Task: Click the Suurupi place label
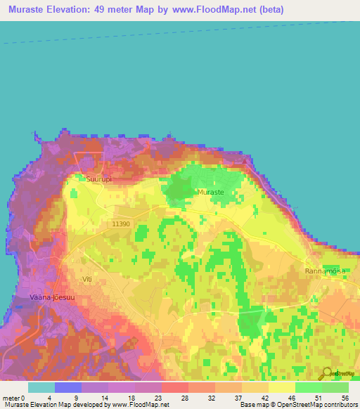[99, 179]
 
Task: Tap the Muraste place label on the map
[211, 192]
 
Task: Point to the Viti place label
[86, 279]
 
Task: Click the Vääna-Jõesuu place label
[51, 297]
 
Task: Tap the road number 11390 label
[120, 223]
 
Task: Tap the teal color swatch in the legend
[41, 387]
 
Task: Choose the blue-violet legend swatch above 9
[68, 387]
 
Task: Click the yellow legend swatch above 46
[281, 387]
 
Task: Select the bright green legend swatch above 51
[308, 387]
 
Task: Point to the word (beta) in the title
[271, 10]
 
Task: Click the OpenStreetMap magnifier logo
[328, 374]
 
